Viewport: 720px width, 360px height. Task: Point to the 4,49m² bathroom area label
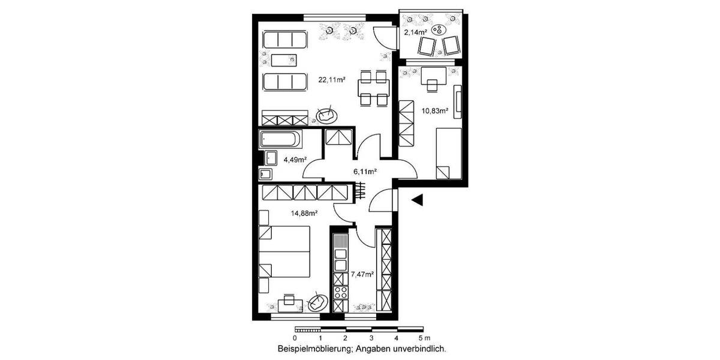(295, 160)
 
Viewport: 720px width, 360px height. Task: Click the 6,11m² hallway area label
(365, 172)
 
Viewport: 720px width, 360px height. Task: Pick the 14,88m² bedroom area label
(304, 212)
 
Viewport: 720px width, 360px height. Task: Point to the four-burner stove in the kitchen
(341, 293)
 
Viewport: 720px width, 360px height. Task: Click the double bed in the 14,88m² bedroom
(284, 253)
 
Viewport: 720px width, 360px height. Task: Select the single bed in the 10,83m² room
(448, 153)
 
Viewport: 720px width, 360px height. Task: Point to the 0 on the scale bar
(295, 338)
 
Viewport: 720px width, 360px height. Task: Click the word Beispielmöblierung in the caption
(316, 349)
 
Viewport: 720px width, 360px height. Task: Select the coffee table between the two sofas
(284, 60)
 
